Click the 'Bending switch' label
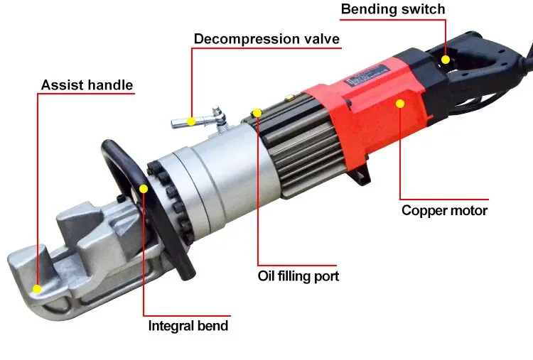tap(393, 9)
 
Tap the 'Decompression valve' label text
tap(266, 38)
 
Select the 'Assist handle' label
tap(87, 86)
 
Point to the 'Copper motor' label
tap(444, 210)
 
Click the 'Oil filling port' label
tap(298, 276)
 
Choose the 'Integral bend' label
tap(188, 326)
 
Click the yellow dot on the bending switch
tap(446, 60)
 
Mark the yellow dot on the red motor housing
tap(400, 104)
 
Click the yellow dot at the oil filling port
tap(257, 113)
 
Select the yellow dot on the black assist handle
tap(144, 189)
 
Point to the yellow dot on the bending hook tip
tap(37, 288)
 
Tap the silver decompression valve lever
tap(186, 122)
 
